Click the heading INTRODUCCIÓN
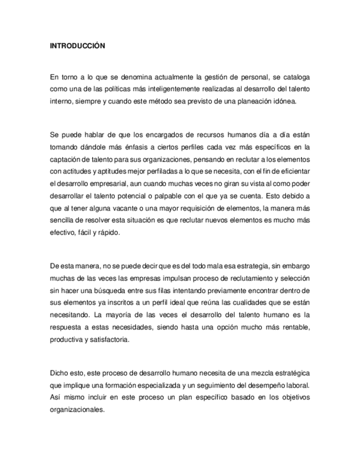pyautogui.click(x=77, y=46)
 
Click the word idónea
pyautogui.click(x=285, y=101)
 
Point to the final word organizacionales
pyautogui.click(x=77, y=409)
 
